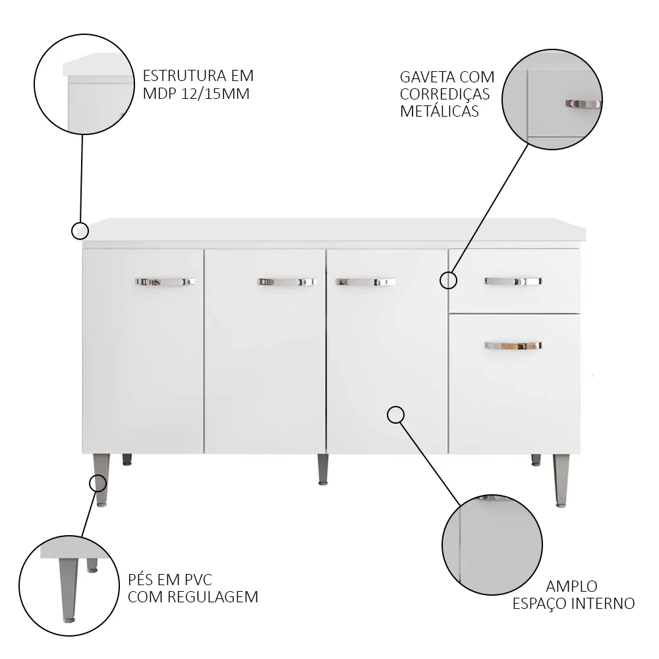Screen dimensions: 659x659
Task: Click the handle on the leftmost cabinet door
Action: click(x=165, y=281)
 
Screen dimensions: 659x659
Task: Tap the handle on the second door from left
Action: click(x=287, y=281)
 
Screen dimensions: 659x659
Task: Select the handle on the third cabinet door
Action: click(x=365, y=281)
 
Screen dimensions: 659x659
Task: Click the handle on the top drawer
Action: click(x=513, y=281)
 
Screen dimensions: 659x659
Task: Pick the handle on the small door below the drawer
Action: click(x=513, y=345)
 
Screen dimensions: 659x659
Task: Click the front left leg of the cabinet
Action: click(x=101, y=480)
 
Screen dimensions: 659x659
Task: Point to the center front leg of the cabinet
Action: click(x=323, y=469)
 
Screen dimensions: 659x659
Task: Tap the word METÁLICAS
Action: click(x=439, y=111)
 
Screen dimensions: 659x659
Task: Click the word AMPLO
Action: click(x=571, y=587)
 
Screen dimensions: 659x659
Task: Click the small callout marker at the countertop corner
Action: click(x=80, y=231)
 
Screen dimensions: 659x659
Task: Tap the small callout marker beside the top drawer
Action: click(x=448, y=280)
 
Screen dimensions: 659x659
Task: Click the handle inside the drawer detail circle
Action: click(x=583, y=103)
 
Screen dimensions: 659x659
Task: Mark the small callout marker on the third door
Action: click(x=395, y=415)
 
